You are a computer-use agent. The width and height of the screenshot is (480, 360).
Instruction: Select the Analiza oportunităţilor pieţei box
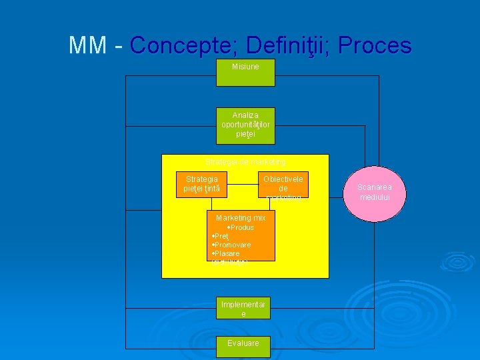(x=245, y=125)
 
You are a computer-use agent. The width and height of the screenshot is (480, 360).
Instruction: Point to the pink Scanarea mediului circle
(x=373, y=193)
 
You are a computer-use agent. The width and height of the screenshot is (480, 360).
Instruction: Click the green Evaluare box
(x=243, y=343)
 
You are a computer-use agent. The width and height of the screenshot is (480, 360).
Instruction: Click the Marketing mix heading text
(x=241, y=218)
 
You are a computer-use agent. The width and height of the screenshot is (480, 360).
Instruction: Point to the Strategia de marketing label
(x=245, y=161)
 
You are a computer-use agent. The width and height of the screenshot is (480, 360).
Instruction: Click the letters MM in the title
(x=87, y=45)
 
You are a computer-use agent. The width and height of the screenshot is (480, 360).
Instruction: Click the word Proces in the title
(x=375, y=45)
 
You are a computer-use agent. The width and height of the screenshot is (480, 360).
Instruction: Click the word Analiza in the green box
(x=245, y=115)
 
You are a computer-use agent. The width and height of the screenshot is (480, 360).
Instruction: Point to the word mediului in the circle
(x=373, y=197)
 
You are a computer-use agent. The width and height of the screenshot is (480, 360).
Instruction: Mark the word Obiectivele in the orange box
(x=283, y=179)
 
